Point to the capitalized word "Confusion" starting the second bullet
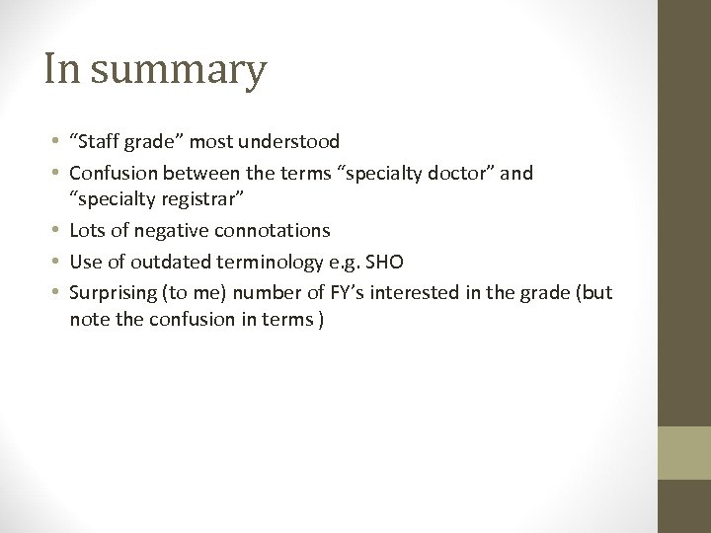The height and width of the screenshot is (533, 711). pos(114,174)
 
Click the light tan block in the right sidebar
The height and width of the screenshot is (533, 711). pos(684,453)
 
